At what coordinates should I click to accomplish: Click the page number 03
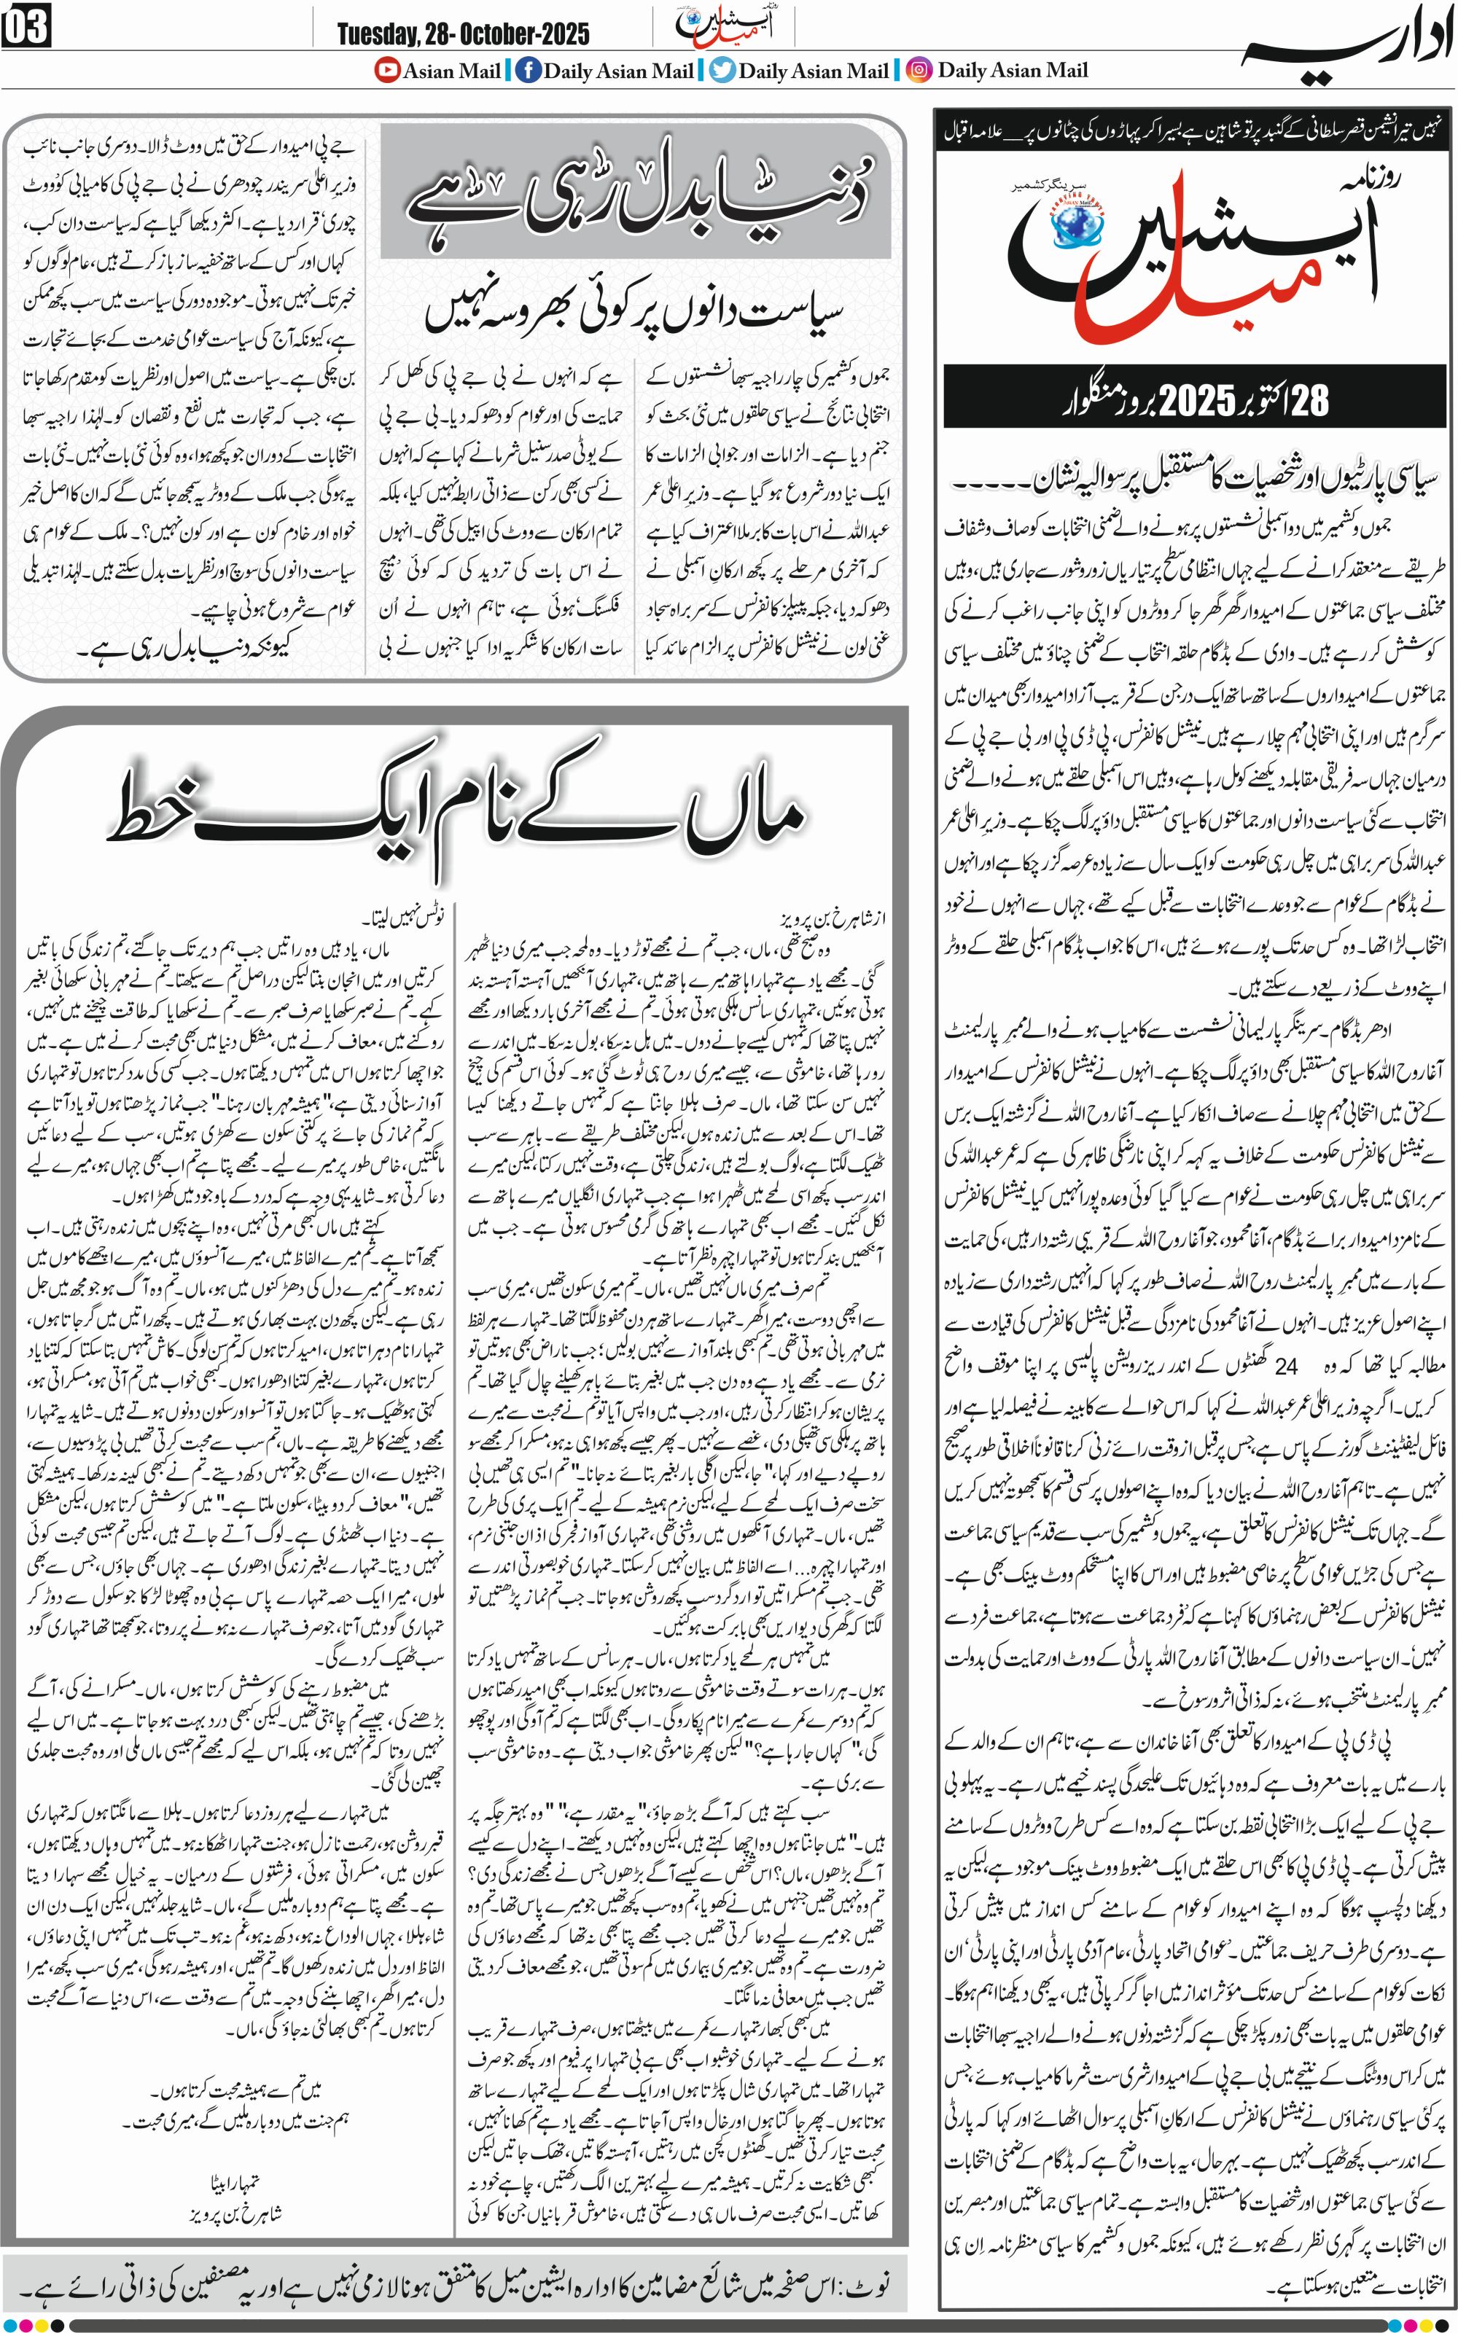[26, 26]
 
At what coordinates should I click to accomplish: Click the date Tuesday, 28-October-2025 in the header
[463, 35]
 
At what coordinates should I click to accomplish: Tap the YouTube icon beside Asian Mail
[388, 71]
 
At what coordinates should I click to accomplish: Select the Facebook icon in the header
[528, 71]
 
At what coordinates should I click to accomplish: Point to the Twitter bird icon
[722, 71]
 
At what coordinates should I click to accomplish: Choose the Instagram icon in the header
[920, 71]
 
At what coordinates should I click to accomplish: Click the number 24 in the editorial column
[1287, 1366]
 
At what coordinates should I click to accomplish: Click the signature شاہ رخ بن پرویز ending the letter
[235, 2211]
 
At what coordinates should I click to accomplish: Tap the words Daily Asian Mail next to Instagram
[1013, 71]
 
